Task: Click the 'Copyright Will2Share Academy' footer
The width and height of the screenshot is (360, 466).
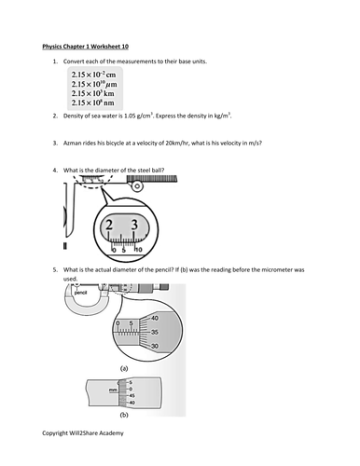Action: click(82, 435)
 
